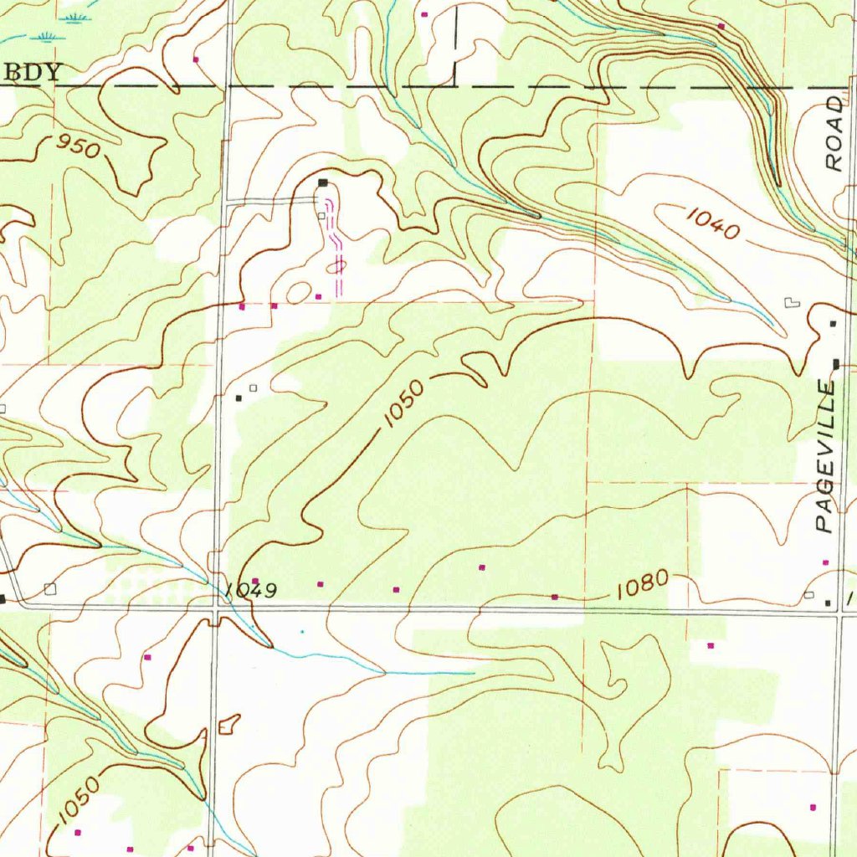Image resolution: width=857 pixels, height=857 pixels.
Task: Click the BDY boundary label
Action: pyautogui.click(x=33, y=72)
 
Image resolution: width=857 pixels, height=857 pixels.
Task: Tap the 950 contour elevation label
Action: pyautogui.click(x=79, y=147)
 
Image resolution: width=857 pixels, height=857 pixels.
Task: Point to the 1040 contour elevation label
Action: pyautogui.click(x=713, y=223)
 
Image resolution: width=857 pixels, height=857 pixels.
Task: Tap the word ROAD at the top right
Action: pyautogui.click(x=834, y=134)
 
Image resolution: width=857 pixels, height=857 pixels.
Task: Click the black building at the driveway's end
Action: pyautogui.click(x=322, y=182)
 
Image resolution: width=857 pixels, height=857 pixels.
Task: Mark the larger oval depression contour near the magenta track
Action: pyautogui.click(x=297, y=293)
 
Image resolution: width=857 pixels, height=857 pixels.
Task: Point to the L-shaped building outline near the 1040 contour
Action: pyautogui.click(x=791, y=302)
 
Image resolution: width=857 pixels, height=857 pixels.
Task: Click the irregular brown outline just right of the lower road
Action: pyautogui.click(x=228, y=724)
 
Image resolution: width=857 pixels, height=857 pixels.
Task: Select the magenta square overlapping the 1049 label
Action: pyautogui.click(x=255, y=581)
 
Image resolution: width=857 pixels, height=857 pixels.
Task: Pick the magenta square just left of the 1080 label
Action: pyautogui.click(x=555, y=597)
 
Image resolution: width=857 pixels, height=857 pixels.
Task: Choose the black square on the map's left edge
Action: pyautogui.click(x=3, y=598)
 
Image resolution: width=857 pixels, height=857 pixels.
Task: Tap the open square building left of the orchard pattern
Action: pyautogui.click(x=50, y=588)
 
